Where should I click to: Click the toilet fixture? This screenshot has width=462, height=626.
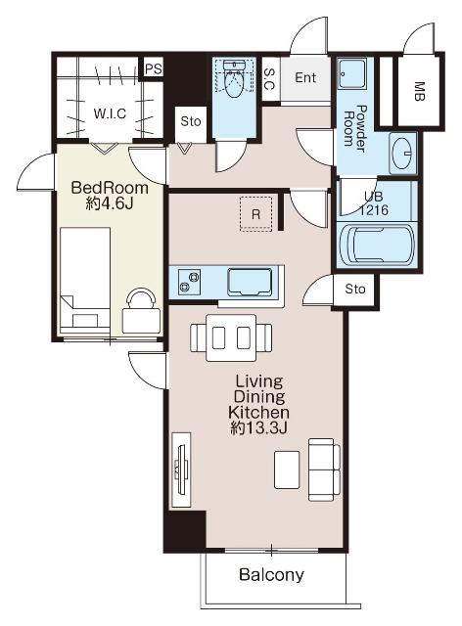click(234, 79)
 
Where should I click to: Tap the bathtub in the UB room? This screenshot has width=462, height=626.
click(377, 245)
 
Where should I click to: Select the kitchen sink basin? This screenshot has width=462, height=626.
click(250, 283)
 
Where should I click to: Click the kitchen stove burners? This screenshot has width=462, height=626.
click(190, 282)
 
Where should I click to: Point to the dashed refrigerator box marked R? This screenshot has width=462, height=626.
click(255, 213)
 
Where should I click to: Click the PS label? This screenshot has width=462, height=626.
click(154, 68)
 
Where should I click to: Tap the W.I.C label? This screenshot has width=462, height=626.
click(110, 113)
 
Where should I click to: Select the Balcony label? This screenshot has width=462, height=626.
click(271, 574)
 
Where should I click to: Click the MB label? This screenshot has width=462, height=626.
click(419, 91)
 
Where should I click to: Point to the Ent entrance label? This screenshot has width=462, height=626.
click(305, 77)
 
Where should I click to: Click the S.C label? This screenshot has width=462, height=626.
click(269, 78)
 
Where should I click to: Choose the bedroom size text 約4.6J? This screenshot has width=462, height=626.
click(110, 204)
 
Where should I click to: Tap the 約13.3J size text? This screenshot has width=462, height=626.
click(259, 428)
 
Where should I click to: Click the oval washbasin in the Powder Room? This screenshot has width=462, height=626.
click(403, 154)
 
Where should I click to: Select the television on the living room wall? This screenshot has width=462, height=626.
click(181, 469)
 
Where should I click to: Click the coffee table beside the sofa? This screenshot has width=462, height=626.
click(287, 469)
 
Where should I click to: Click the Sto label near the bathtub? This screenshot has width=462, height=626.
click(355, 289)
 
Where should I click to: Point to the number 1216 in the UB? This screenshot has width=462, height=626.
click(373, 210)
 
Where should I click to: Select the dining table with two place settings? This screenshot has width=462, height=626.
click(231, 337)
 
